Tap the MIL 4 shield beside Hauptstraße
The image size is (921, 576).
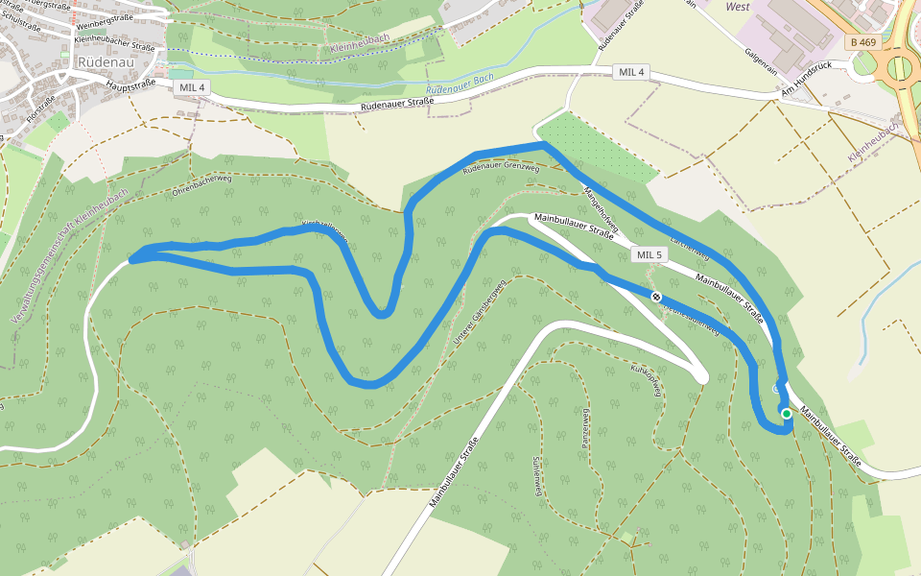[193, 87]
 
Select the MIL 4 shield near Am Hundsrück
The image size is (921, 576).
[632, 72]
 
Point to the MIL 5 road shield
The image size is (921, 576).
[649, 254]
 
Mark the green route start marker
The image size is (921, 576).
[787, 414]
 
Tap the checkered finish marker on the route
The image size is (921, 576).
[656, 297]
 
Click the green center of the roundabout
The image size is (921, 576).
[900, 67]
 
